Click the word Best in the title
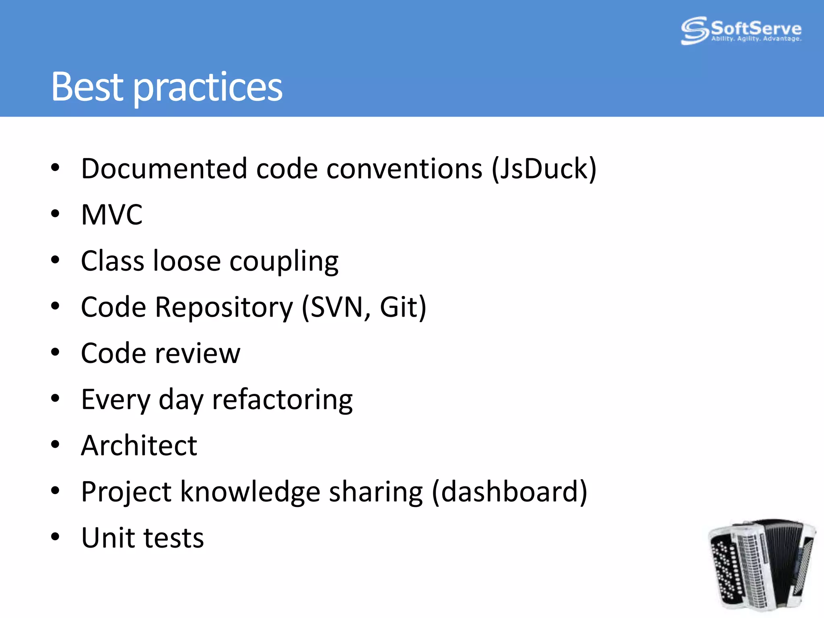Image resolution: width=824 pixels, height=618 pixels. click(x=87, y=87)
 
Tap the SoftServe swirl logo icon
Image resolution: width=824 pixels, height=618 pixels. click(x=694, y=30)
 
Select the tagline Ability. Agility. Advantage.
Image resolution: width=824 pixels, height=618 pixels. click(x=756, y=39)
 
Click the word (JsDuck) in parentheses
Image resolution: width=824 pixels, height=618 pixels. click(x=544, y=169)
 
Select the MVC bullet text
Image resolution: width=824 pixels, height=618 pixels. click(x=112, y=214)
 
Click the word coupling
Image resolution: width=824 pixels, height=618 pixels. click(x=284, y=262)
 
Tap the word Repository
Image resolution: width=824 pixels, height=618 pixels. click(x=224, y=308)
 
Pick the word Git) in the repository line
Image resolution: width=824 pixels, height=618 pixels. click(x=403, y=307)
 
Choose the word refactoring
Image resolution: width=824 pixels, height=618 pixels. click(x=282, y=400)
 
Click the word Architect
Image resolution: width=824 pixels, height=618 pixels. click(x=139, y=446)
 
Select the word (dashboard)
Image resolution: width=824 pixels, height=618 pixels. click(x=509, y=492)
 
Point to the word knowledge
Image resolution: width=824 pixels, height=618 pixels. click(x=250, y=492)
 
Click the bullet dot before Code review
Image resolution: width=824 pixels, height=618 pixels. click(x=55, y=353)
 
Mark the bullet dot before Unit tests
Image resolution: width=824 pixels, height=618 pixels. click(x=55, y=537)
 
